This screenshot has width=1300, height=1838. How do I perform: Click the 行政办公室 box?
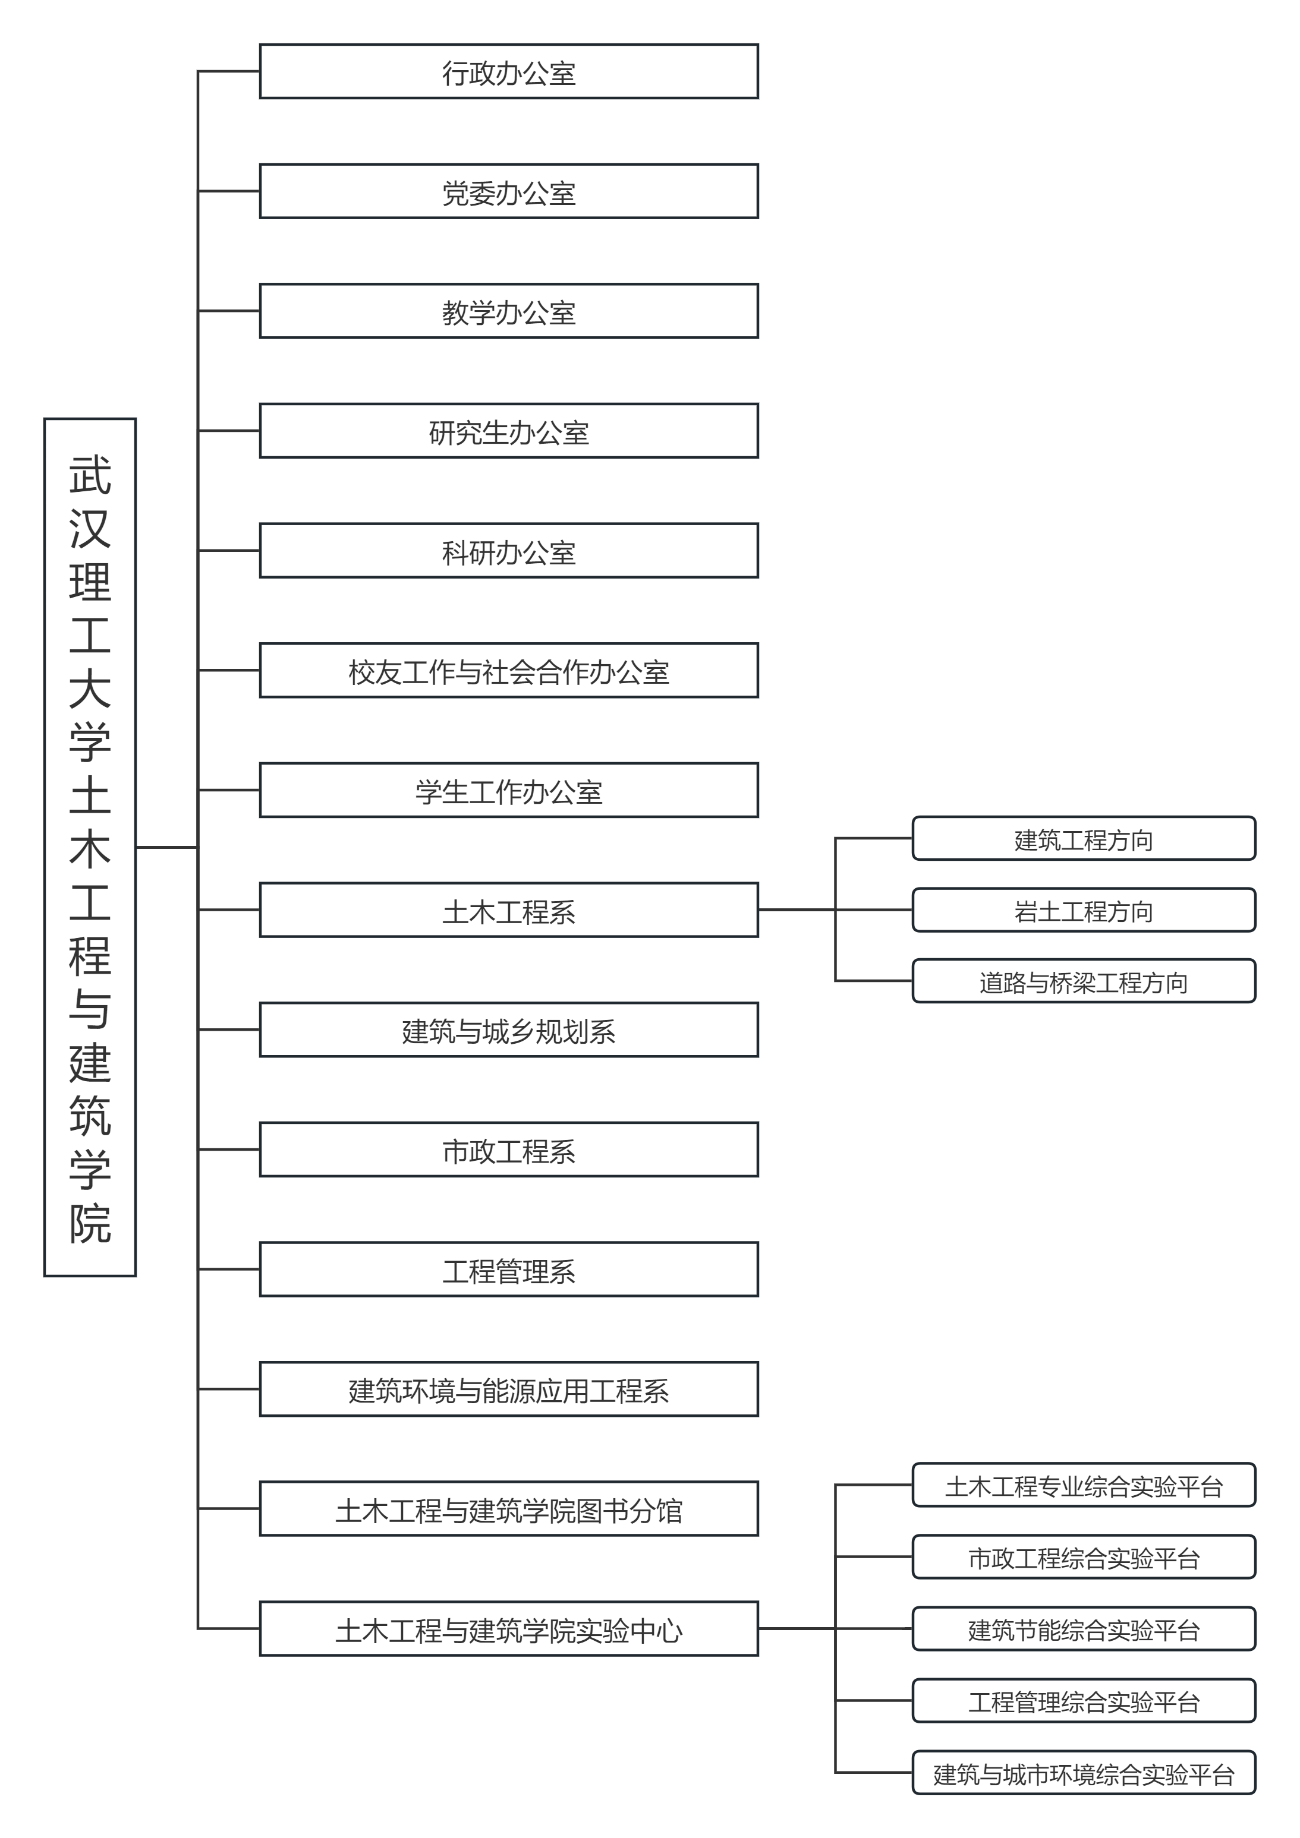pos(509,72)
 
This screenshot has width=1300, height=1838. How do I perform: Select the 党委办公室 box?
pos(509,192)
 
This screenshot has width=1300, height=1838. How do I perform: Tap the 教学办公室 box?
pos(509,311)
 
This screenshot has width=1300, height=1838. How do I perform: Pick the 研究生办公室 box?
pos(509,431)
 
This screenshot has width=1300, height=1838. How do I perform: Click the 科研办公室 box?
pos(509,551)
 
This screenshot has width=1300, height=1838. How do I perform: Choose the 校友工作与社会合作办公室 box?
pos(509,671)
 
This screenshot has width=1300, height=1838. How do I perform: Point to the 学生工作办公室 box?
pos(509,791)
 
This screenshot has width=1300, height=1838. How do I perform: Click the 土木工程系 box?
pos(509,910)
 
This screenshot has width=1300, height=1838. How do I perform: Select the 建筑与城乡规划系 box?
pos(509,1030)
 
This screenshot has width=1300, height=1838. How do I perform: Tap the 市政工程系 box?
pos(509,1150)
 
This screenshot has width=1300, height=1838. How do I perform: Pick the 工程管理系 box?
pos(509,1269)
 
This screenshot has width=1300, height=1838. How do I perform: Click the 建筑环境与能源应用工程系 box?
pos(509,1389)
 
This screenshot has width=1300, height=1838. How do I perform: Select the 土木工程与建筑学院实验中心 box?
pos(509,1629)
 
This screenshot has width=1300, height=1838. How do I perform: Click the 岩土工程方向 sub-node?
pos(1084,910)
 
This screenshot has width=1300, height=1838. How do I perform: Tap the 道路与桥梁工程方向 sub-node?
pos(1084,981)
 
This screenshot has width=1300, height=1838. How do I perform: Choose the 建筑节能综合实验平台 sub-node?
pos(1084,1629)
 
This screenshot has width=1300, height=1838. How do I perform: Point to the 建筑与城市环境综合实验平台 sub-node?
pos(1084,1773)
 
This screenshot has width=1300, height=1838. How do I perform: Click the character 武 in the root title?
pos(90,475)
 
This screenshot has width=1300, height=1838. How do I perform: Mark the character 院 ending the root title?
pos(90,1223)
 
